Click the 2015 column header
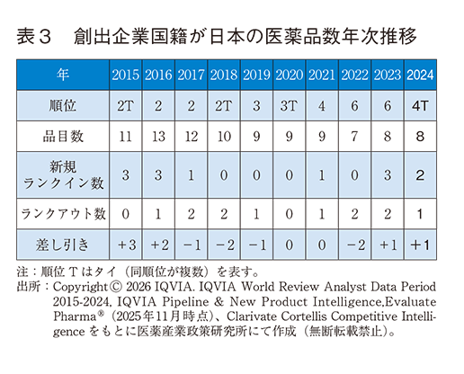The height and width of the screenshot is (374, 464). (x=125, y=75)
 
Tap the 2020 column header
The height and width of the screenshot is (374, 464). (x=288, y=75)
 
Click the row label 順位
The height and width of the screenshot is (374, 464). (x=62, y=105)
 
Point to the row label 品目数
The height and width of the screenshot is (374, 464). (x=62, y=136)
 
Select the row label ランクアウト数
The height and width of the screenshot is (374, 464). (x=62, y=214)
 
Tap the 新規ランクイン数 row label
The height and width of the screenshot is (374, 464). (x=62, y=174)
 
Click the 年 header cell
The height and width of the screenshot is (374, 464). (x=62, y=75)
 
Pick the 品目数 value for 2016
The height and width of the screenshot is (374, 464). (x=158, y=136)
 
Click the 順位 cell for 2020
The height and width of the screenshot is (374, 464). (x=288, y=105)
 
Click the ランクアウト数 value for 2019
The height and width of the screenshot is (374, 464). (x=255, y=214)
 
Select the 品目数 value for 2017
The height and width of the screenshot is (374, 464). (x=191, y=136)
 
